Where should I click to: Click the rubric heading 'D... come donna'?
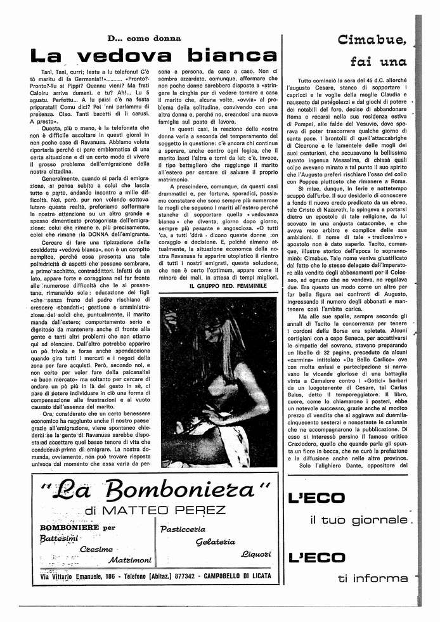[x=145, y=39]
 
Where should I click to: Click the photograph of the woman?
[x=218, y=381]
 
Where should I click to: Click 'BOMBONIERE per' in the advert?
[x=78, y=528]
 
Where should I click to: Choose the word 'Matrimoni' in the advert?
[x=130, y=560]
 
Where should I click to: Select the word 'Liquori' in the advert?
[x=256, y=554]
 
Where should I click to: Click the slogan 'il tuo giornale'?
[x=359, y=520]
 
